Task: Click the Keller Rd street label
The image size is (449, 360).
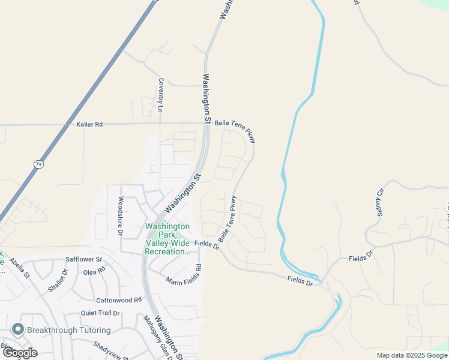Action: pos(89,124)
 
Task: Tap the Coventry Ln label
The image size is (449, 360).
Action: pos(160,95)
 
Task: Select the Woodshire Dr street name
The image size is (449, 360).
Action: pos(121,215)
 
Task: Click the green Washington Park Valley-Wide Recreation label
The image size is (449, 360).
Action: pos(167,239)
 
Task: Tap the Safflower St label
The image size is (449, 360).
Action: pos(84,260)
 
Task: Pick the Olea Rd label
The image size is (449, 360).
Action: pos(94,272)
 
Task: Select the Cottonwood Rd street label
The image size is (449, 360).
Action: pos(118,299)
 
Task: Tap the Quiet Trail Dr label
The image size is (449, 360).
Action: pos(100,313)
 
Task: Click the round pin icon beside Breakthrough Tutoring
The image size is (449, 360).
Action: pos(17,330)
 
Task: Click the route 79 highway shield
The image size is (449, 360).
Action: pos(37,164)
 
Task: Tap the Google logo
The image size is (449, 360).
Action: pos(20,353)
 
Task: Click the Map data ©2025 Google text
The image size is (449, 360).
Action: pos(412,355)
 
